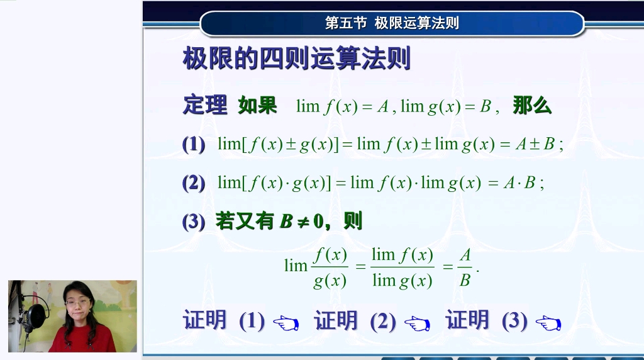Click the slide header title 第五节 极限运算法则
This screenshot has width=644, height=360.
coord(392,23)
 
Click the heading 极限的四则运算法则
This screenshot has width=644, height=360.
coord(296,59)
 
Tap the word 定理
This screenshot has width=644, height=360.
coord(204,105)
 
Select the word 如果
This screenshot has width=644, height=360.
coord(257,105)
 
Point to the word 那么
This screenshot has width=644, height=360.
coord(532,105)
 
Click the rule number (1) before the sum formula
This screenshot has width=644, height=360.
coord(194,144)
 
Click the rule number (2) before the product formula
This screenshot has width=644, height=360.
coord(194,183)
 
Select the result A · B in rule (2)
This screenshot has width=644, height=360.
coord(519,183)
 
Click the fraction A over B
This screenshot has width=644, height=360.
coord(465,267)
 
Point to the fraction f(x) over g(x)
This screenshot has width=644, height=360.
coord(330,267)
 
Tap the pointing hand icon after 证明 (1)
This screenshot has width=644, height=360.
coord(286,323)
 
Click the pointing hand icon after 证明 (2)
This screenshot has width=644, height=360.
coord(417,323)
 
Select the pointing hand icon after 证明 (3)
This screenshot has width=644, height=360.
coord(548,323)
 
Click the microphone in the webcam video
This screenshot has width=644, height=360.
coord(36,313)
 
